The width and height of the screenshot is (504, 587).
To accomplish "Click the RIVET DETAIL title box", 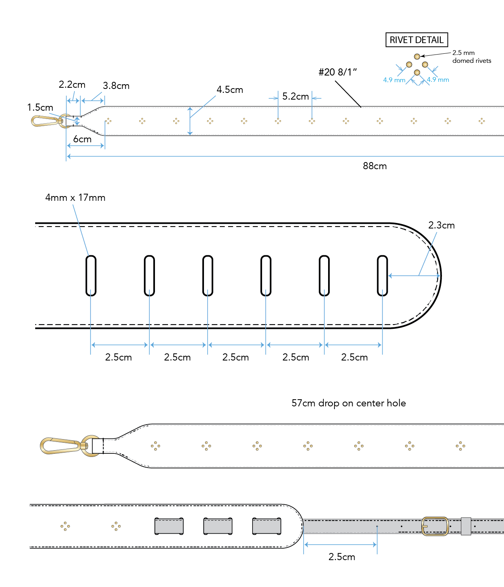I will click(416, 40).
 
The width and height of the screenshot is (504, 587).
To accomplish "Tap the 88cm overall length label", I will click(374, 166).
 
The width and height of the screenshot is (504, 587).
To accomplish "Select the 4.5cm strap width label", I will click(230, 90).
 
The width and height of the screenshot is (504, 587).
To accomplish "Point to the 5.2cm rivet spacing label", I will click(295, 96).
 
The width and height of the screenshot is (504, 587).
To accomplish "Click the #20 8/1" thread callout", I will click(338, 72).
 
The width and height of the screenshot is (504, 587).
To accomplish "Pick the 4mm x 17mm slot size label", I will click(75, 198).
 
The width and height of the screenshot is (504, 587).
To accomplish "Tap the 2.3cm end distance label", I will click(441, 225).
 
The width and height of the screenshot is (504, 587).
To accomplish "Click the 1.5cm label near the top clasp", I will click(40, 108).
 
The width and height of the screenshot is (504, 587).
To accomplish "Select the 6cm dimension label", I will click(82, 139).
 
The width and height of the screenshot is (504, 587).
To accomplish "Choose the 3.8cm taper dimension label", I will click(116, 86).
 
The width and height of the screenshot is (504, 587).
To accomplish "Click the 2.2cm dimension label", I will click(72, 85).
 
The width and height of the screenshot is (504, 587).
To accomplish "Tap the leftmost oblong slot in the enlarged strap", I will click(91, 276).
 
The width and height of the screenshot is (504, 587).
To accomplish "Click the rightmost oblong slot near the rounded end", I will click(382, 276).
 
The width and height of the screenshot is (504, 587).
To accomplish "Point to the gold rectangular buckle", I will click(435, 526).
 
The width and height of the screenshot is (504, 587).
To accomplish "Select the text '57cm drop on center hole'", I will click(348, 403).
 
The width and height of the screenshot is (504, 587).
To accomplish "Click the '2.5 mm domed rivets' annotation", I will click(471, 57).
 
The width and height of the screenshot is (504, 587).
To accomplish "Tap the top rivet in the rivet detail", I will click(417, 57).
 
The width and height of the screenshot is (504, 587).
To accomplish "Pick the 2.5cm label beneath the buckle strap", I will click(342, 557).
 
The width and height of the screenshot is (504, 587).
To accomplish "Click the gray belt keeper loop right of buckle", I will click(466, 526).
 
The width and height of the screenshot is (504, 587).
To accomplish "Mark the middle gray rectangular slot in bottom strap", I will click(218, 526).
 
